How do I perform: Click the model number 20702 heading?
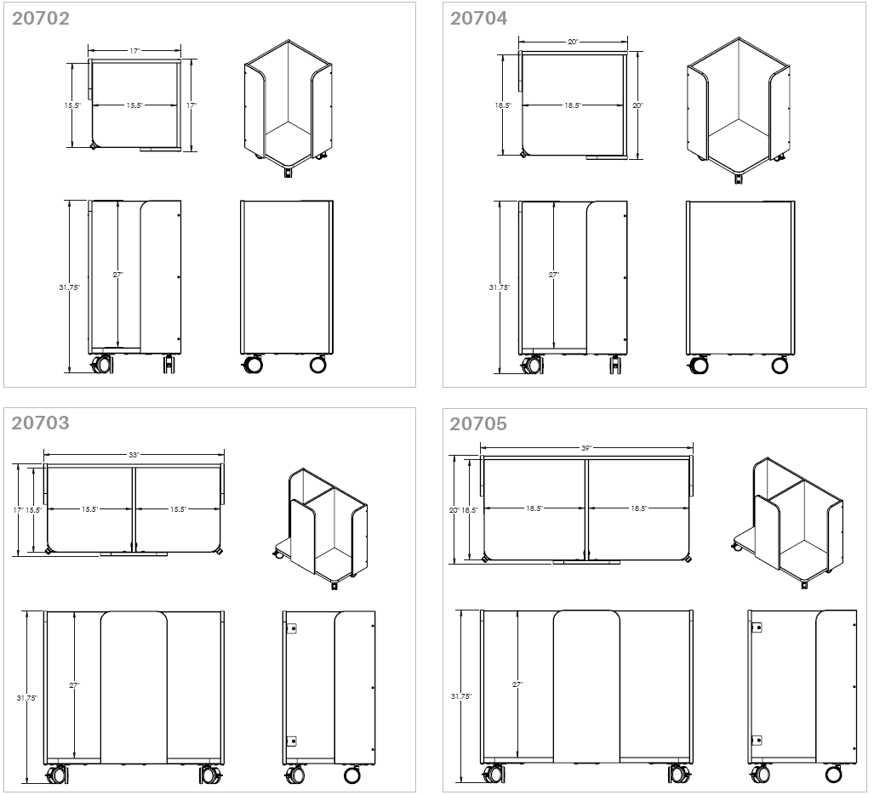click(x=41, y=18)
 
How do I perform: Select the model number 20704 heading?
click(x=478, y=18)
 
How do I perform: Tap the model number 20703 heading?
click(x=41, y=423)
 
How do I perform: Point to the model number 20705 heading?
click(x=478, y=423)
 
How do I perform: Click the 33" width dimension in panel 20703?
click(x=134, y=455)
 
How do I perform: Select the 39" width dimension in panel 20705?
click(x=586, y=447)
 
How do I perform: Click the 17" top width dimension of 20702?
click(x=134, y=52)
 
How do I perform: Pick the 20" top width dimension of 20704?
click(x=573, y=42)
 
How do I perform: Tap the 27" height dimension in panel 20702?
click(x=118, y=275)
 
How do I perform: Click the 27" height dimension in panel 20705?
click(x=517, y=684)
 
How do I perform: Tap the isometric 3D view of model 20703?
click(x=323, y=527)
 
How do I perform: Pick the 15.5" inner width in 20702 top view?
click(x=134, y=105)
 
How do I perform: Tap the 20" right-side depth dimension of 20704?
click(x=637, y=105)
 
